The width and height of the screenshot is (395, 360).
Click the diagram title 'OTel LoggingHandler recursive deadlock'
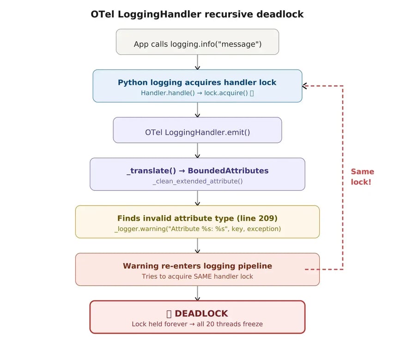(x=197, y=14)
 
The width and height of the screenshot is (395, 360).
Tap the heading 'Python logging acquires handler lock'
(x=197, y=83)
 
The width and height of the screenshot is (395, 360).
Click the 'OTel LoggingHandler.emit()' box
(x=197, y=132)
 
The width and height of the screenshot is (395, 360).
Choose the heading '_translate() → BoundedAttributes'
(x=197, y=171)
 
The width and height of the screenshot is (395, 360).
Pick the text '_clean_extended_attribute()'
(x=197, y=181)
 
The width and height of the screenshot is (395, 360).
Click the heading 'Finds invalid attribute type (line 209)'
(x=197, y=218)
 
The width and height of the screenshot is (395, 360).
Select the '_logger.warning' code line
(x=197, y=229)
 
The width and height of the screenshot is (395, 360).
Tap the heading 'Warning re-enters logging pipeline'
(x=197, y=266)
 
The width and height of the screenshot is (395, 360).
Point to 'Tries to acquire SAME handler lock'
(x=197, y=276)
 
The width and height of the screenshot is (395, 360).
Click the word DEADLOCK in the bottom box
(x=201, y=314)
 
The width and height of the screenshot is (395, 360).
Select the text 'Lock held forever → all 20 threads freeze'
(x=197, y=324)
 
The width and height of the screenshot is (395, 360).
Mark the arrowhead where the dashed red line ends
(x=305, y=86)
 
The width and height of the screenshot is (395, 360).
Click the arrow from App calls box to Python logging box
(x=197, y=62)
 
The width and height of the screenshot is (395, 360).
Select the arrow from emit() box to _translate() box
(x=197, y=151)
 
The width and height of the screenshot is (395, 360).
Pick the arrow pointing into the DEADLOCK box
(x=197, y=293)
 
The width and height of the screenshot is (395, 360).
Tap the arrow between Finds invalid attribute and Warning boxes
(x=197, y=246)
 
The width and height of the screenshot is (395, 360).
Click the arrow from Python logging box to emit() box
(x=197, y=110)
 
